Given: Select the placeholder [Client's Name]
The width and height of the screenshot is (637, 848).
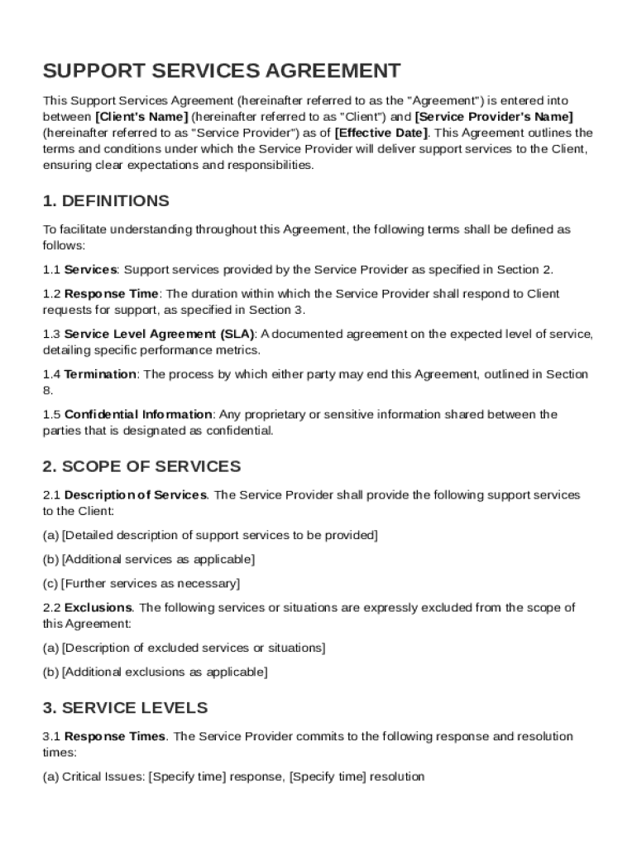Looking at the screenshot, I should pyautogui.click(x=142, y=117).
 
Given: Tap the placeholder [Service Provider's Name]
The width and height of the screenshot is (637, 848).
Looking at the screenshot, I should pyautogui.click(x=493, y=117).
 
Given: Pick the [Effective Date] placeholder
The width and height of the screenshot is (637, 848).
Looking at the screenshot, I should pyautogui.click(x=381, y=132).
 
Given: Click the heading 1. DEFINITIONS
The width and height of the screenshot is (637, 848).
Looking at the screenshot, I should pyautogui.click(x=106, y=201).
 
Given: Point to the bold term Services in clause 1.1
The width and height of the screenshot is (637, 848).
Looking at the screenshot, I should pyautogui.click(x=91, y=269).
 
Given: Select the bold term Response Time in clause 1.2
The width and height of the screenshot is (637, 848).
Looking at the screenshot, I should pyautogui.click(x=111, y=294).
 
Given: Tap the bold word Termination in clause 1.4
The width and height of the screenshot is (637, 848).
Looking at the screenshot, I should pyautogui.click(x=100, y=374).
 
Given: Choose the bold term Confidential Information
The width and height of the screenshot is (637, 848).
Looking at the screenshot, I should pyautogui.click(x=138, y=414).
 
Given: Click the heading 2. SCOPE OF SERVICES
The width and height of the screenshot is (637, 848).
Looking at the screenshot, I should pyautogui.click(x=141, y=466).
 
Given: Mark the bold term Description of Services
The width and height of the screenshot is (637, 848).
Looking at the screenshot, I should pyautogui.click(x=136, y=495).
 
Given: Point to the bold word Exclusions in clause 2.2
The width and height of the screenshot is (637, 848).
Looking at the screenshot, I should pyautogui.click(x=98, y=608).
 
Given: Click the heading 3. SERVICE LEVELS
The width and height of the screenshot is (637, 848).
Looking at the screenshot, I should pyautogui.click(x=125, y=708).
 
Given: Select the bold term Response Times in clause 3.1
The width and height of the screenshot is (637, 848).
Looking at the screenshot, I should pyautogui.click(x=115, y=736).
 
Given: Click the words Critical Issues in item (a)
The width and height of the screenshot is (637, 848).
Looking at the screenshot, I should pyautogui.click(x=103, y=777).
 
